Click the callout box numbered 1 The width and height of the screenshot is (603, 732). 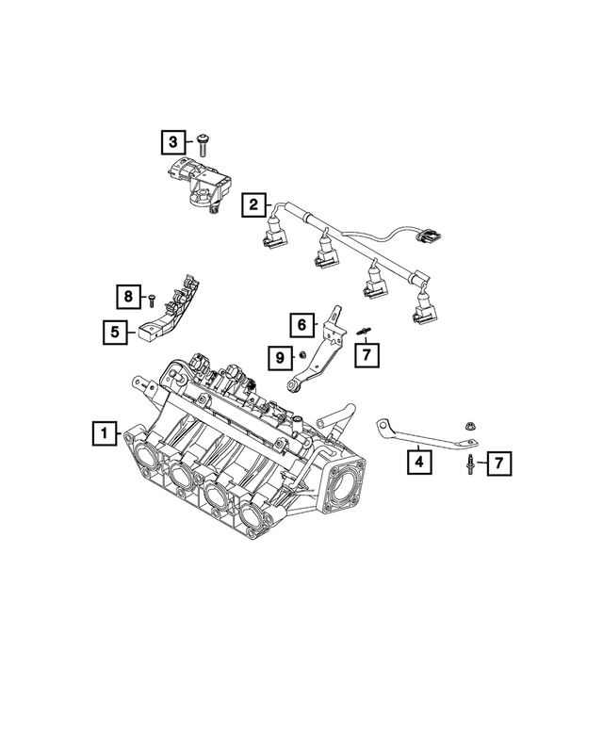(103, 434)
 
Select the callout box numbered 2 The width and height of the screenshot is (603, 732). (253, 203)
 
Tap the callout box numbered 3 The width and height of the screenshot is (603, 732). (172, 142)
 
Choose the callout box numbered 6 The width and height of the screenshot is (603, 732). (301, 326)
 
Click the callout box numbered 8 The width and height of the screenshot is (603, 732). (128, 297)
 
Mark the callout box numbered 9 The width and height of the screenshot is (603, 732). (279, 357)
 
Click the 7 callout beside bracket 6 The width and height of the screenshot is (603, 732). (367, 354)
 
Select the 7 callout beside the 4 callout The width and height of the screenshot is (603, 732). (499, 463)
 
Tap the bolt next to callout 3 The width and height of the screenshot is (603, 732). (204, 143)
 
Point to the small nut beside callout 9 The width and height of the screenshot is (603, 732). (302, 356)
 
